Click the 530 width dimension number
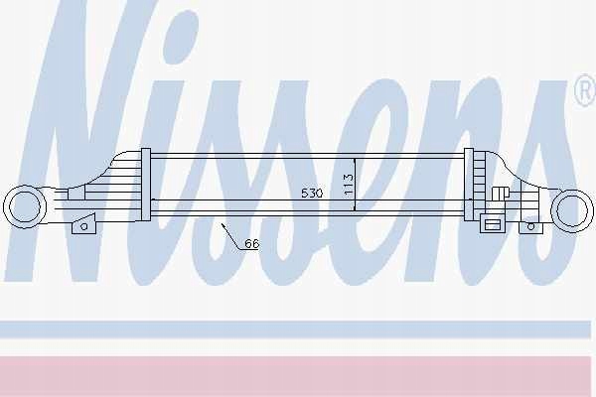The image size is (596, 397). click(x=312, y=193)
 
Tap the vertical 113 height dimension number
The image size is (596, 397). click(x=349, y=185)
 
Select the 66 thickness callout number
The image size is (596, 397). click(x=251, y=243)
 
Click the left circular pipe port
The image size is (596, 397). click(x=24, y=207)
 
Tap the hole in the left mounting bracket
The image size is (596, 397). click(x=84, y=226)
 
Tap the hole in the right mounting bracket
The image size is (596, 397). click(x=530, y=227)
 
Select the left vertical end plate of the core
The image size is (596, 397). click(x=146, y=185)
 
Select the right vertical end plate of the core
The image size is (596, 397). click(x=469, y=185)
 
